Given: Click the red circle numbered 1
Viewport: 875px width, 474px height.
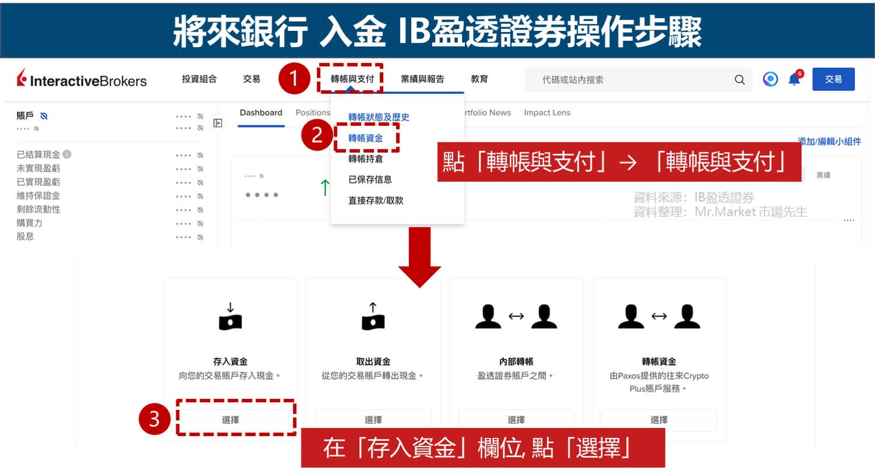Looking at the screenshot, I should click(x=293, y=79).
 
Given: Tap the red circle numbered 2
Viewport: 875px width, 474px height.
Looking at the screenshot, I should click(x=317, y=135).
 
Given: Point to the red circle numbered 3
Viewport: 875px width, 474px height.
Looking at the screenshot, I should click(x=154, y=419).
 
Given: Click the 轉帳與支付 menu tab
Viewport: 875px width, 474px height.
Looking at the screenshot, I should click(x=352, y=79).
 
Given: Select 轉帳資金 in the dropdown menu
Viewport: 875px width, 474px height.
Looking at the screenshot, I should click(x=366, y=138).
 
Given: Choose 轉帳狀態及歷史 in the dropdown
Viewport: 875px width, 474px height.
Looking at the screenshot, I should click(x=379, y=117).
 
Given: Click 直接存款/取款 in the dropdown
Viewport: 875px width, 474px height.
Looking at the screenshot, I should click(x=376, y=201).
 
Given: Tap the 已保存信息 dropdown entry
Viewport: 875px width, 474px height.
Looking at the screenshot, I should click(x=370, y=180).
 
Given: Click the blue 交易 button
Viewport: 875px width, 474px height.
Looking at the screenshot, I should click(x=833, y=79).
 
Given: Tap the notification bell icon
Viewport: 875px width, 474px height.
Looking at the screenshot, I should click(x=794, y=79).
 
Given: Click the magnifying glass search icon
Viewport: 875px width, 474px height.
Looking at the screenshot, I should click(x=740, y=80).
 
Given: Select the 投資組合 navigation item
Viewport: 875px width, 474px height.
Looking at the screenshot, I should click(x=199, y=79).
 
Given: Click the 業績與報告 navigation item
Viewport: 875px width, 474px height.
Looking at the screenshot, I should click(x=422, y=79).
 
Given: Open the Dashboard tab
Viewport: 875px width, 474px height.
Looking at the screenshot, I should click(x=261, y=113).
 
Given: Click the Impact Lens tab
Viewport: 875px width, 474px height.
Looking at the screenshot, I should click(x=547, y=113).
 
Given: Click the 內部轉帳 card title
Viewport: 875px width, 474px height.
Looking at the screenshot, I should click(x=516, y=361).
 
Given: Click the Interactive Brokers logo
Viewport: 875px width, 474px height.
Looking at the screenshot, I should click(x=82, y=80).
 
